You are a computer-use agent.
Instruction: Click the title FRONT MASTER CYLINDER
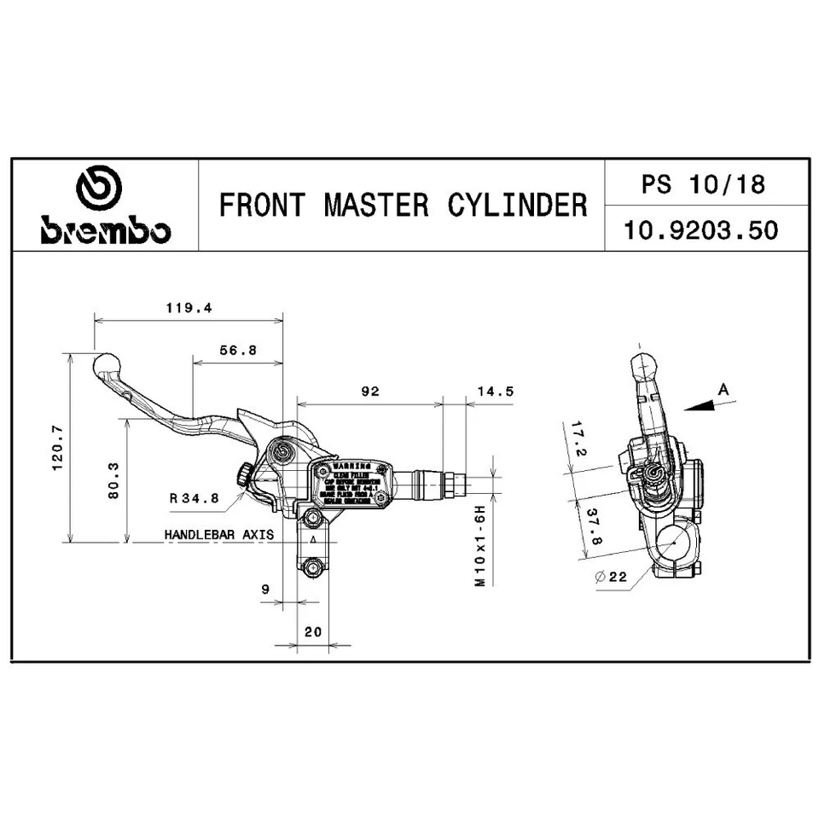tap(403, 206)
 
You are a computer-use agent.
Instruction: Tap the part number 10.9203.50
tap(702, 230)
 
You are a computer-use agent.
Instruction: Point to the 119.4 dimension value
tap(187, 308)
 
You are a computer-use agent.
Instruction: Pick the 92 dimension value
tap(369, 391)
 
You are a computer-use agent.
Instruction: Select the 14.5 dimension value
tap(496, 391)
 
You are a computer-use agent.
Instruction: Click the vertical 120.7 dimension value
tap(56, 448)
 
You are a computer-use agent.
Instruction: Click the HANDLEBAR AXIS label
tap(218, 535)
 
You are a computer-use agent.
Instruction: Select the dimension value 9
tap(265, 589)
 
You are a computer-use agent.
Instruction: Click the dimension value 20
tap(312, 632)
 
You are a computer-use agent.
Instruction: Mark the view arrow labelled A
tap(708, 401)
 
